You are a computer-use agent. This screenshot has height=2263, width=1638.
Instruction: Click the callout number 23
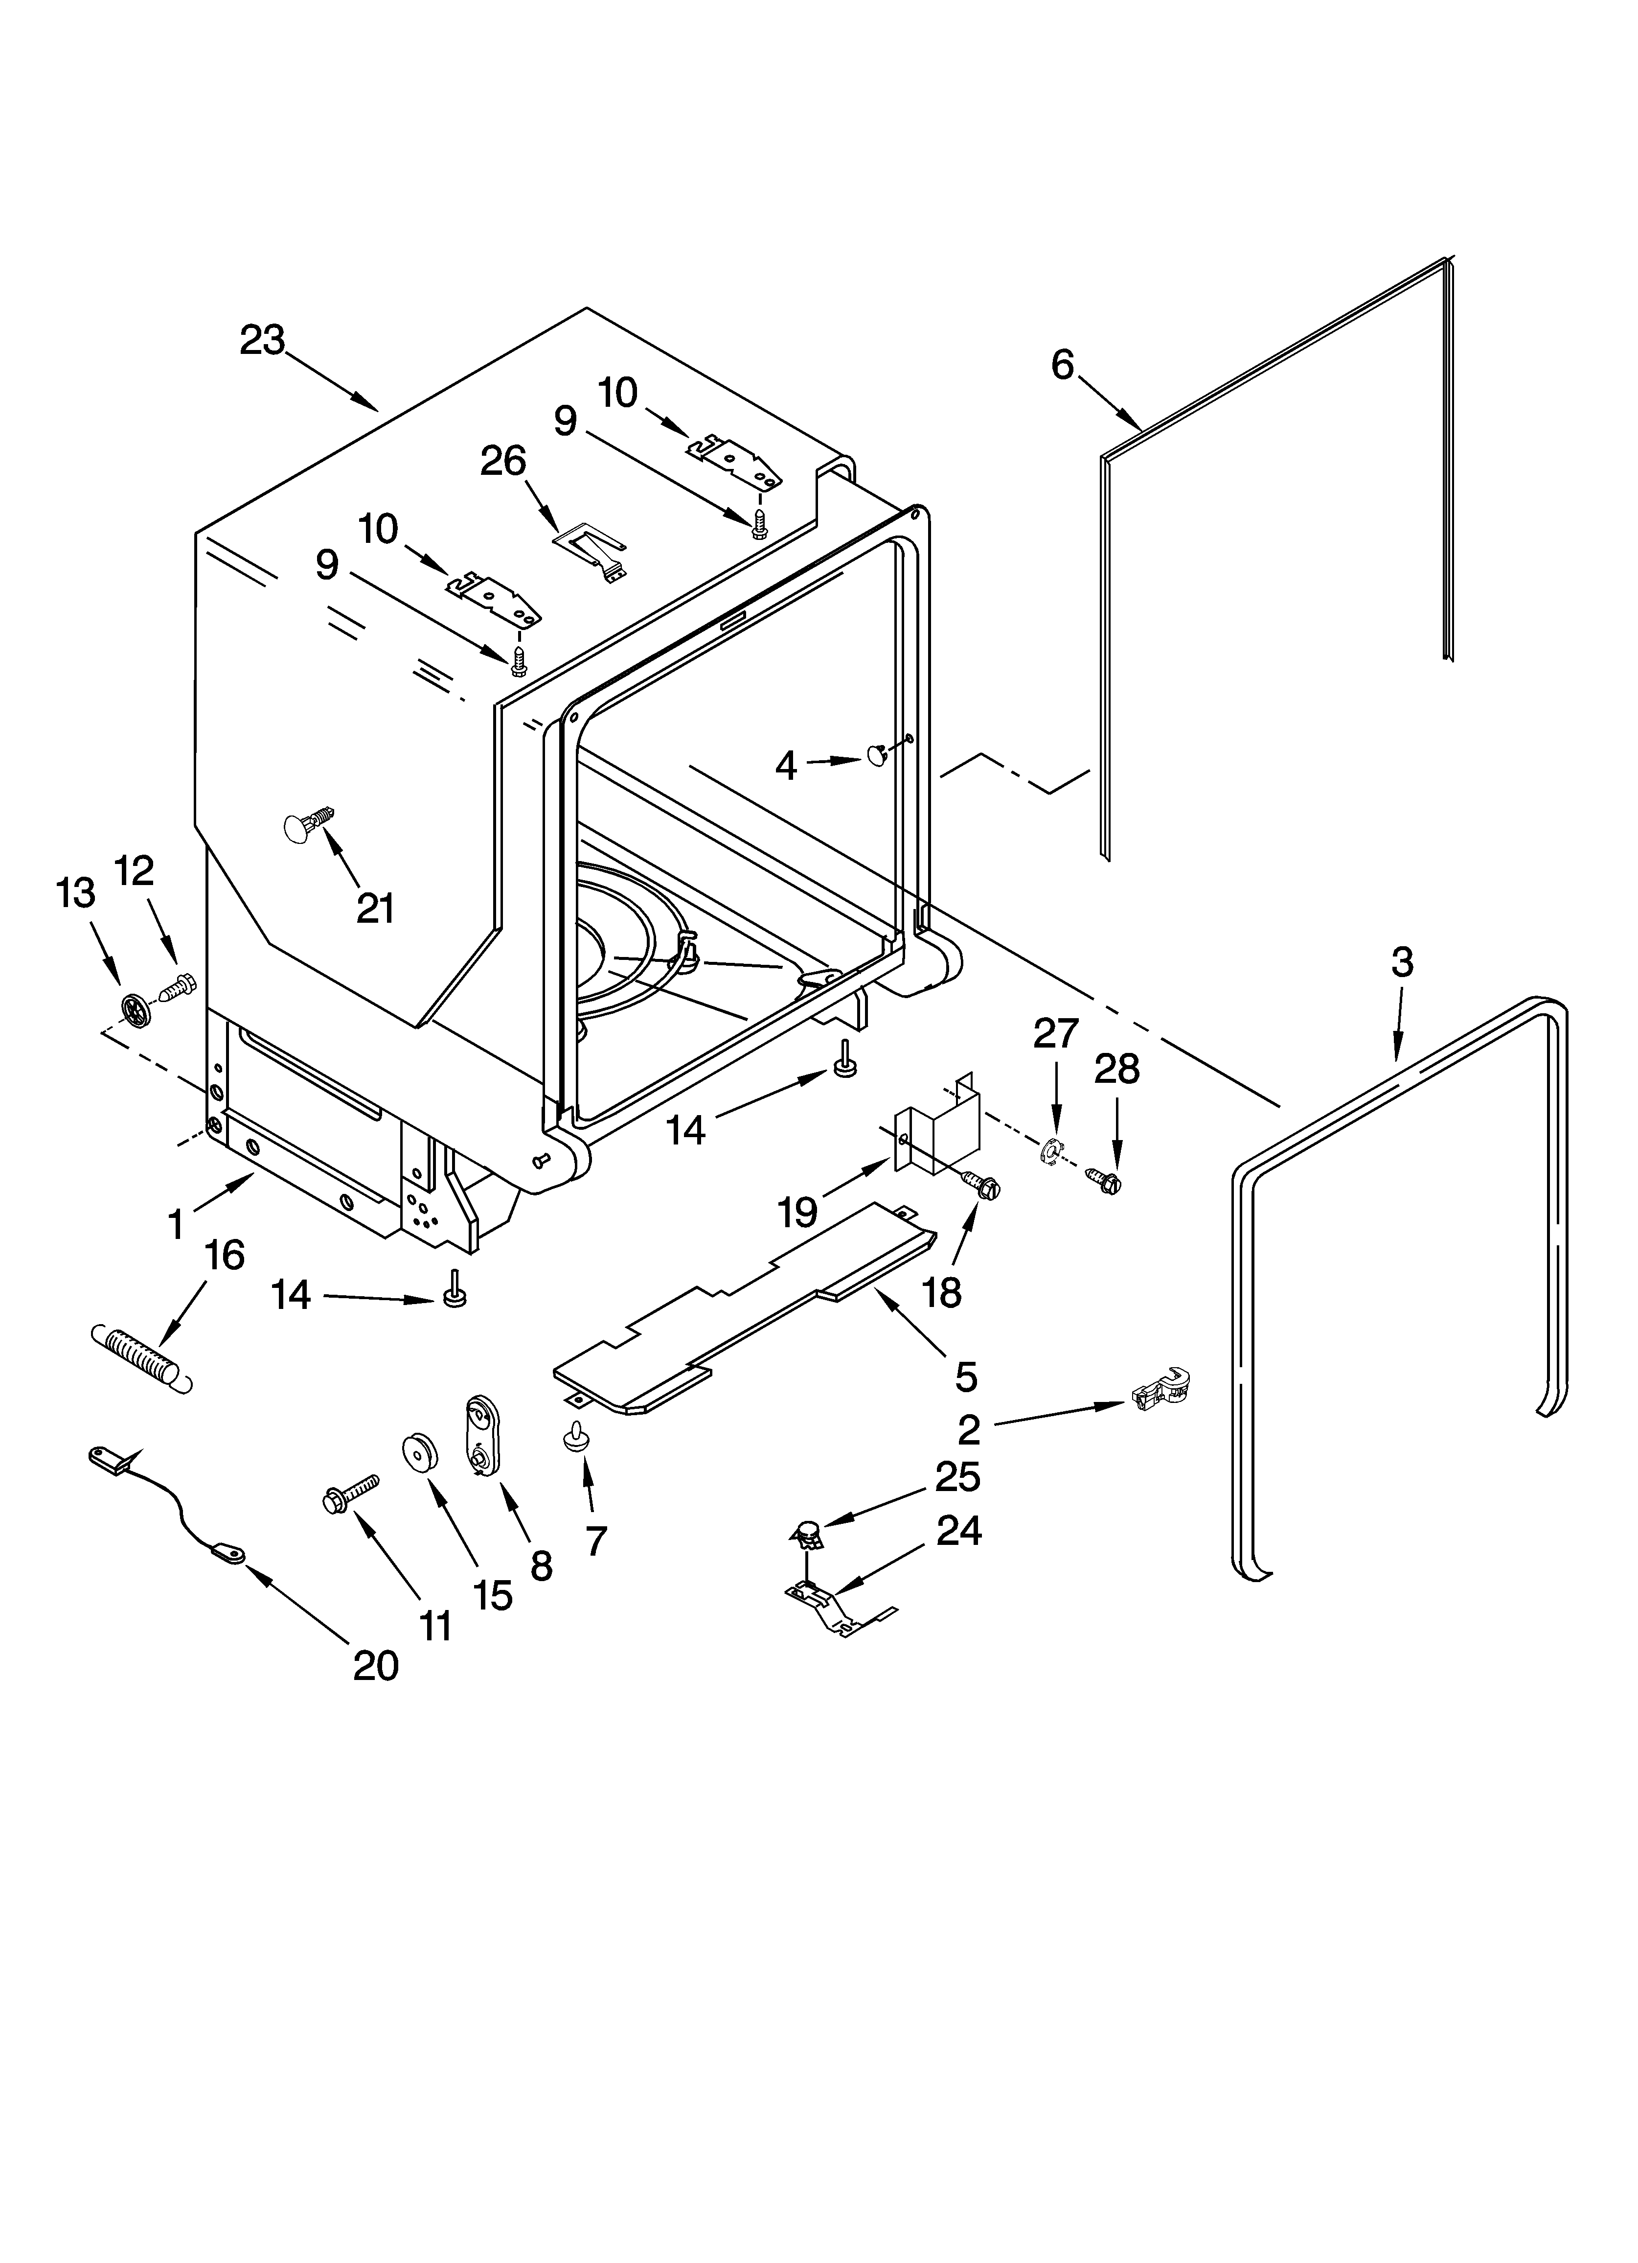click(262, 341)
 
